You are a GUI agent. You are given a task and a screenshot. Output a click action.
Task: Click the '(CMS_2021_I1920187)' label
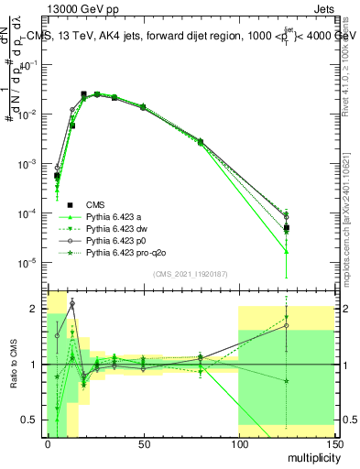point(191,274)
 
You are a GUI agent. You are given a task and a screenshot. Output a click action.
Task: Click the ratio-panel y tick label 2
point(38,309)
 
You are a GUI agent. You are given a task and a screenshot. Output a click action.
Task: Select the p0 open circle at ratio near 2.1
point(72,303)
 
